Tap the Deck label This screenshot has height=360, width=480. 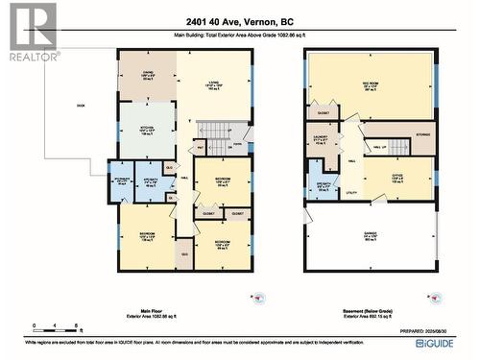tap(82, 106)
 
